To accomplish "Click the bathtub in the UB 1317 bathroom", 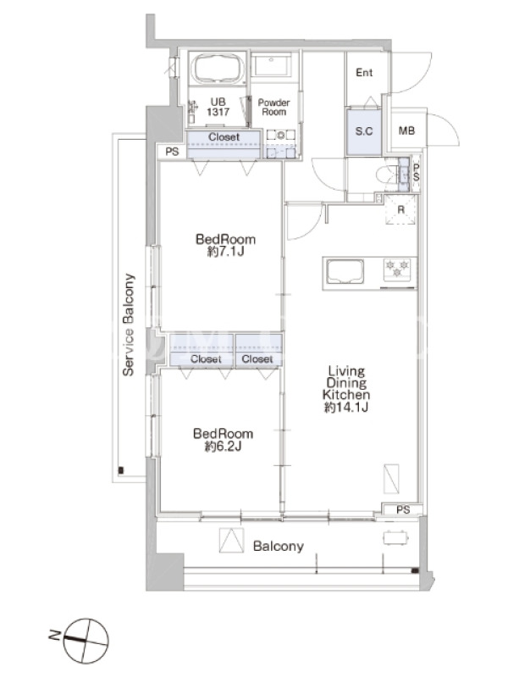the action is (x=218, y=69).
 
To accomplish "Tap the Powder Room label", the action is (x=273, y=108).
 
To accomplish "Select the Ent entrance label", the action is (x=364, y=73).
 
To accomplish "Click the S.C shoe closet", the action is (x=364, y=131).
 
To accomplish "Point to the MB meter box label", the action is (x=406, y=131).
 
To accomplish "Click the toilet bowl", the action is (x=386, y=176).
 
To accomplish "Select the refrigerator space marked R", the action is (x=400, y=209).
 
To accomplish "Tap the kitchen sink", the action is (x=345, y=272).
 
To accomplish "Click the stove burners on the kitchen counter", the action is (x=397, y=269).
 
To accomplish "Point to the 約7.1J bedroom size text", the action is (x=225, y=251).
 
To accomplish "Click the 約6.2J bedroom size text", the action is (x=223, y=446).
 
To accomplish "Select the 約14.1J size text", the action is (x=346, y=407).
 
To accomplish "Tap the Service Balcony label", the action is (x=129, y=325).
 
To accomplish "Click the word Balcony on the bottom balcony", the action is (x=279, y=546).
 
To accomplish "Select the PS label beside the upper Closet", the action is (x=172, y=152).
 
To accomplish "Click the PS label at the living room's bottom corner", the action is (x=403, y=510).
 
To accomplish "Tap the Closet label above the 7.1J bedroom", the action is (x=224, y=137).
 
